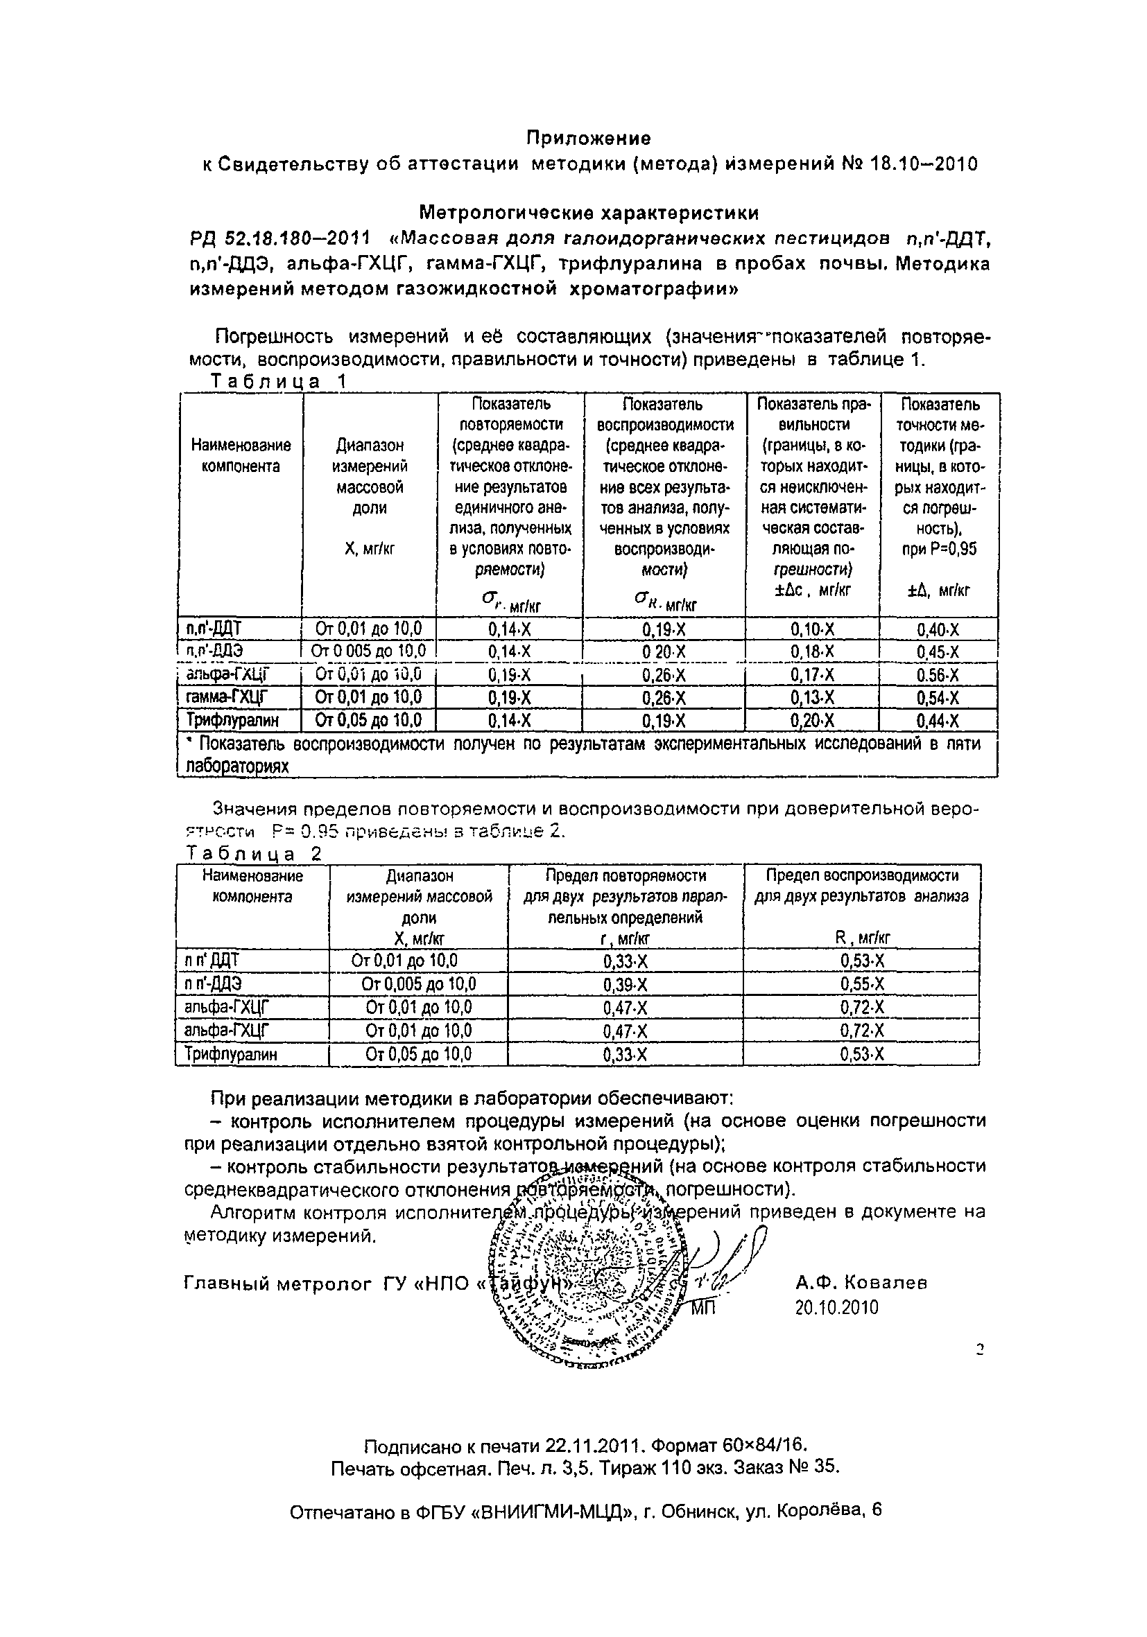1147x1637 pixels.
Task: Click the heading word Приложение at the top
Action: click(x=588, y=137)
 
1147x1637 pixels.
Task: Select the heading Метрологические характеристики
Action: click(x=589, y=213)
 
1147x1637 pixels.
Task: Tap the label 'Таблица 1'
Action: click(x=278, y=381)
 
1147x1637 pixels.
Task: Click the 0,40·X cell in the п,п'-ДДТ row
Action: click(x=938, y=629)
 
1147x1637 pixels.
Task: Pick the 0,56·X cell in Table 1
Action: click(x=938, y=675)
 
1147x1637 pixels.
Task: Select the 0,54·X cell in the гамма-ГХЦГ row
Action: click(x=938, y=697)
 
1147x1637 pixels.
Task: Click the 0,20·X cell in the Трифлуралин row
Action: click(x=812, y=721)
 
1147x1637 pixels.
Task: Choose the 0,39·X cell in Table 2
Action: click(x=625, y=985)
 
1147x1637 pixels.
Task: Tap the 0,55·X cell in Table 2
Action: click(x=862, y=985)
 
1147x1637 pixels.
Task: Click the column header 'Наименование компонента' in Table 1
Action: click(x=241, y=455)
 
